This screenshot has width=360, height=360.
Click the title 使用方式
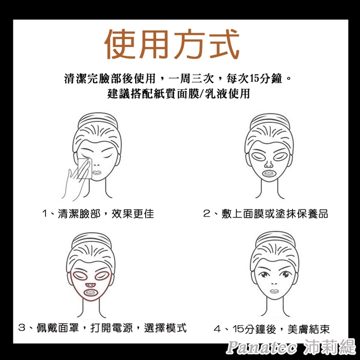(172, 44)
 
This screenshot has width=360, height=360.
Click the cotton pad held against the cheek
(83, 167)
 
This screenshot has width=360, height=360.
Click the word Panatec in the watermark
(263, 348)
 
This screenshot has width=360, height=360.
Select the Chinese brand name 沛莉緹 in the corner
(330, 348)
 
